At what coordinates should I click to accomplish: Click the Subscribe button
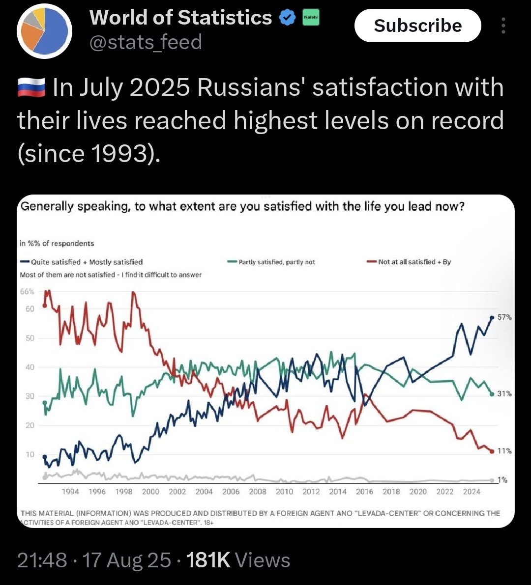(x=417, y=26)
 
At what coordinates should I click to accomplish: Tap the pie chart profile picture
(x=44, y=31)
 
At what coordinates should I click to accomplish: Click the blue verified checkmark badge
(x=287, y=18)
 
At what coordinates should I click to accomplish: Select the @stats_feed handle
(x=146, y=42)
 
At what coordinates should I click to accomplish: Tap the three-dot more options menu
(x=503, y=26)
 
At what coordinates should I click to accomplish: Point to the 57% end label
(x=504, y=318)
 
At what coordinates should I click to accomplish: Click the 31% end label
(x=504, y=393)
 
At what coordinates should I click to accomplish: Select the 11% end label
(x=504, y=451)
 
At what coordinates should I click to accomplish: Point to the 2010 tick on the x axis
(x=284, y=492)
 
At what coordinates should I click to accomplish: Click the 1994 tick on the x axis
(x=70, y=492)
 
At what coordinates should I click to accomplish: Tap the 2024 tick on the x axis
(x=472, y=492)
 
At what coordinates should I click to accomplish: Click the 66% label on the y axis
(x=27, y=292)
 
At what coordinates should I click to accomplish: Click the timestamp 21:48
(x=42, y=560)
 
